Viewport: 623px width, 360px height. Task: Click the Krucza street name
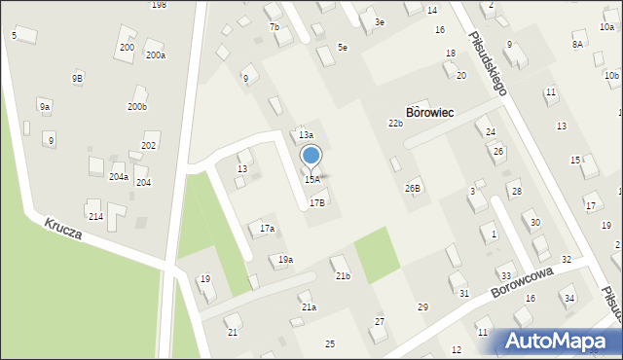coord(62,230)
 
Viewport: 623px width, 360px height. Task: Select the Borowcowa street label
coord(522,283)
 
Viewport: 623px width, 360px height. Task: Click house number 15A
coord(311,180)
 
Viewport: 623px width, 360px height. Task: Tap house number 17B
coord(317,203)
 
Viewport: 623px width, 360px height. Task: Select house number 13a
coord(306,135)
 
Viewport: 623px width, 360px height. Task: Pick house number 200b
coord(137,107)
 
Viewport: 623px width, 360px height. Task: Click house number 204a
coord(119,177)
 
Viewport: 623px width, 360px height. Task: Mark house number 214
coord(95,216)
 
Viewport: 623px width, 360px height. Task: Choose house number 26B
coord(414,188)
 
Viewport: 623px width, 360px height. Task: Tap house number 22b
coord(395,124)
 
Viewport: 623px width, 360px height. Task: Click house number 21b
coord(343,276)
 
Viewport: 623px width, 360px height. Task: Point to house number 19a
coord(285,260)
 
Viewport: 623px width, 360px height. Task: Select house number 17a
coord(267,229)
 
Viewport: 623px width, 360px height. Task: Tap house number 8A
coord(577,44)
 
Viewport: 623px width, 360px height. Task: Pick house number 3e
coord(380,22)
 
